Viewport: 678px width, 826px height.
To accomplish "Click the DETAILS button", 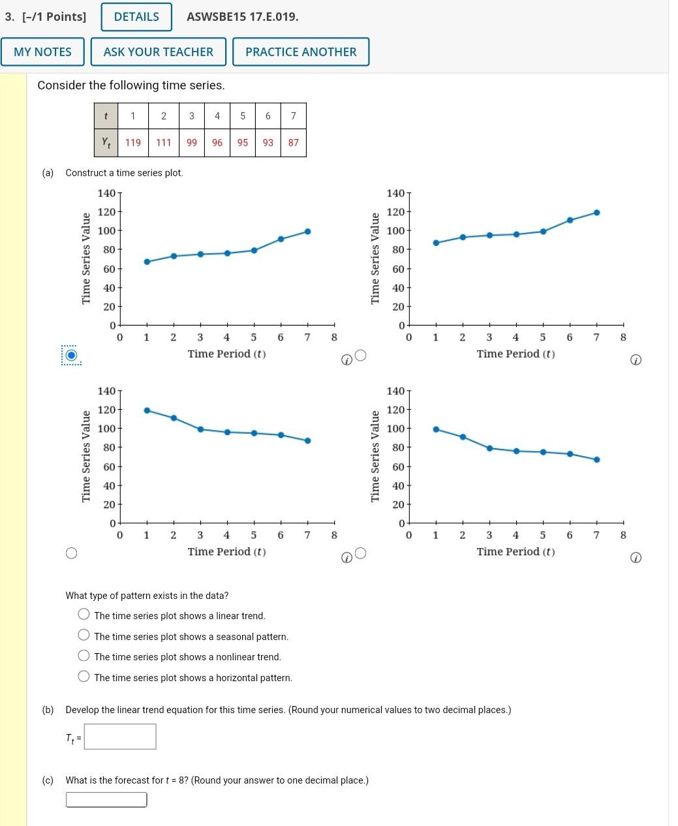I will (136, 17).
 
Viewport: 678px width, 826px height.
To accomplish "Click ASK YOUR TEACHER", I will (159, 52).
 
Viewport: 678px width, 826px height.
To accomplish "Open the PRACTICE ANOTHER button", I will (301, 52).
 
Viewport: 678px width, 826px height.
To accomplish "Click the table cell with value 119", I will (133, 142).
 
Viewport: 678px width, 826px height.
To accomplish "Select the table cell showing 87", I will (294, 142).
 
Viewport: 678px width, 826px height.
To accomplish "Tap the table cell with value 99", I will (192, 142).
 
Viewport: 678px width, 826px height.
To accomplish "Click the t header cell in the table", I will (106, 116).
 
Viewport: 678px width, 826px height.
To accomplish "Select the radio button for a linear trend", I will (84, 614).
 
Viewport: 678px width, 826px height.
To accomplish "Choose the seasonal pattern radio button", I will (84, 635).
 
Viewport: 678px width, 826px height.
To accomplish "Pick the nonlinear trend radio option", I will (84, 656).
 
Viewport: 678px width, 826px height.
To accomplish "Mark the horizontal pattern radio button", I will (84, 677).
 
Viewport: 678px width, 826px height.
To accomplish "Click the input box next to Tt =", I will (120, 737).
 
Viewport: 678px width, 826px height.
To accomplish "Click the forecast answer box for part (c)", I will (106, 800).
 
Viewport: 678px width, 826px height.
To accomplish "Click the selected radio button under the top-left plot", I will (71, 356).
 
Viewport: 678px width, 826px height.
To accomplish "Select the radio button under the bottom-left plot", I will (71, 553).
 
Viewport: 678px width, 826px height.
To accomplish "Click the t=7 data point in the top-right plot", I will (596, 213).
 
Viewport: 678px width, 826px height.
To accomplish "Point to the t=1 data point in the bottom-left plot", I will (147, 410).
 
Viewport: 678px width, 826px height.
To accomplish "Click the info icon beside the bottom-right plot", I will (637, 558).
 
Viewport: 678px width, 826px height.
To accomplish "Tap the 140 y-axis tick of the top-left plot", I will (106, 193).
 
